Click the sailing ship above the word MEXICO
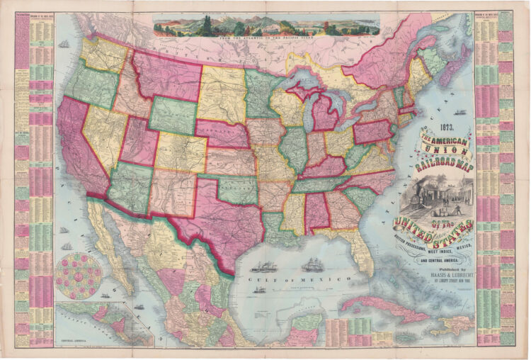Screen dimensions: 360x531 (x=312, y=266)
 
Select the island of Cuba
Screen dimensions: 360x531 (x=382, y=308)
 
